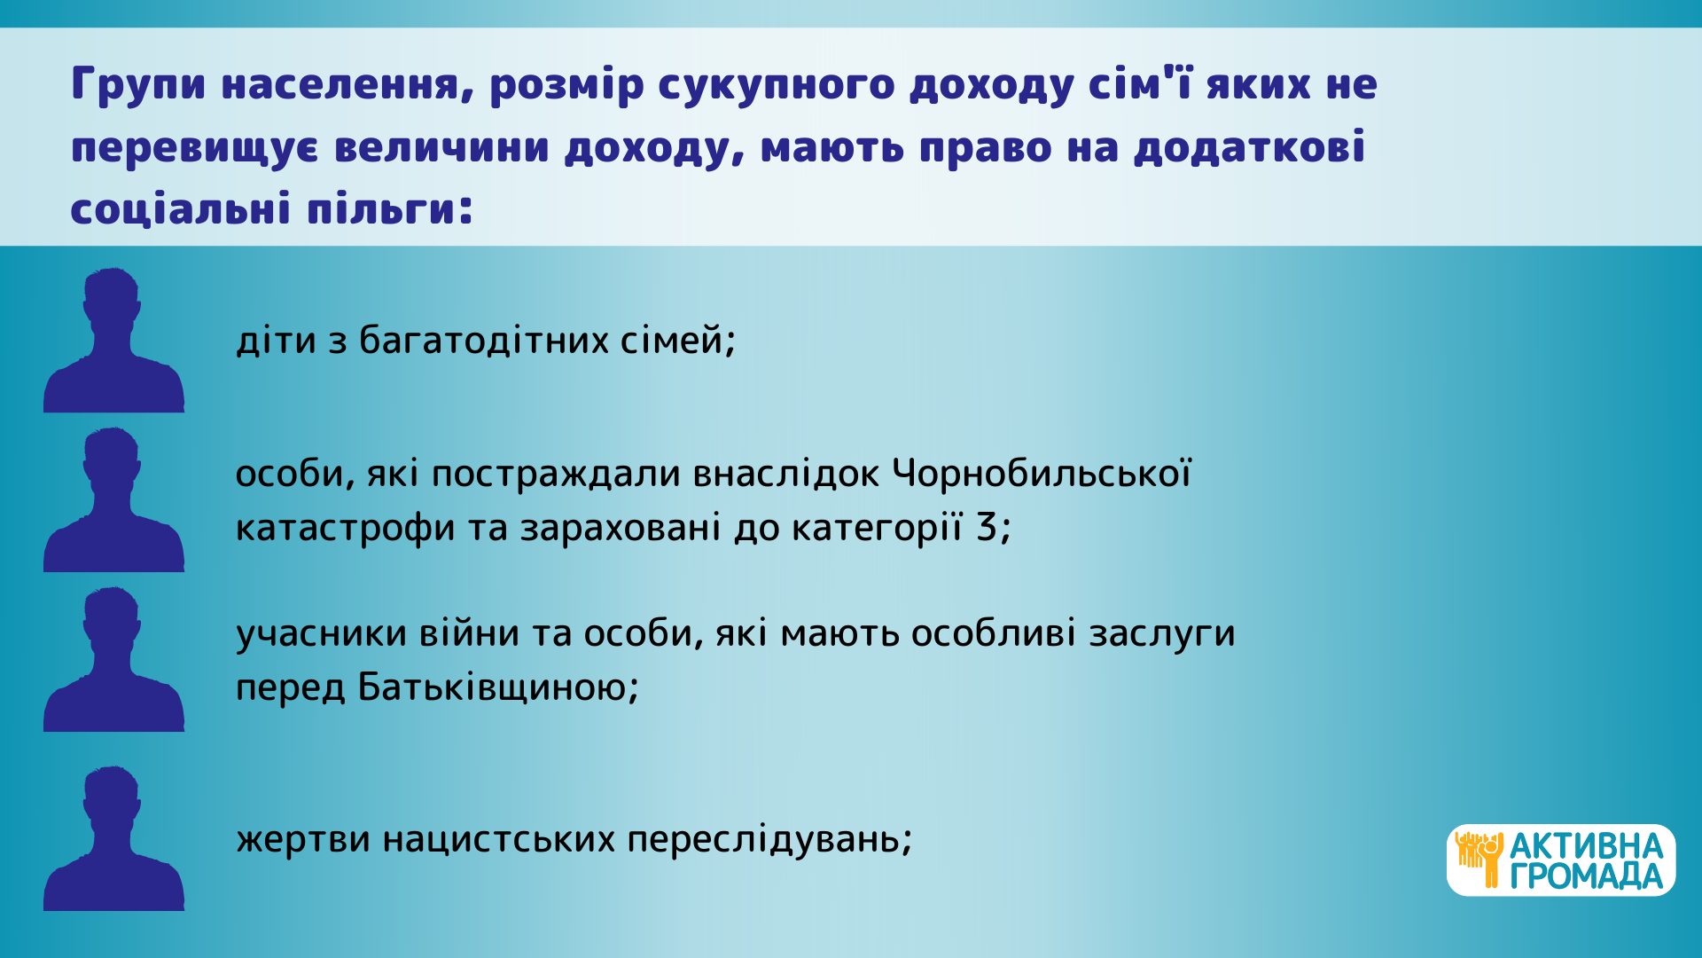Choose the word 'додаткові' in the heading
[x=1249, y=147]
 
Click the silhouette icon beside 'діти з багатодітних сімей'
[x=113, y=340]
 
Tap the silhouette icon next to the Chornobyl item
[x=113, y=499]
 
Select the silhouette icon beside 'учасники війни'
[x=113, y=659]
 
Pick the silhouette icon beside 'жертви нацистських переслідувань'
[x=113, y=838]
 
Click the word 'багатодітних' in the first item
[x=483, y=341]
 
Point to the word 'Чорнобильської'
[x=1042, y=474]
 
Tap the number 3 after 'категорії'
[x=987, y=528]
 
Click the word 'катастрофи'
[x=345, y=529]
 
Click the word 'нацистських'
[x=499, y=839]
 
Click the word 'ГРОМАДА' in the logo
[x=1587, y=876]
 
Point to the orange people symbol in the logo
[x=1479, y=860]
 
